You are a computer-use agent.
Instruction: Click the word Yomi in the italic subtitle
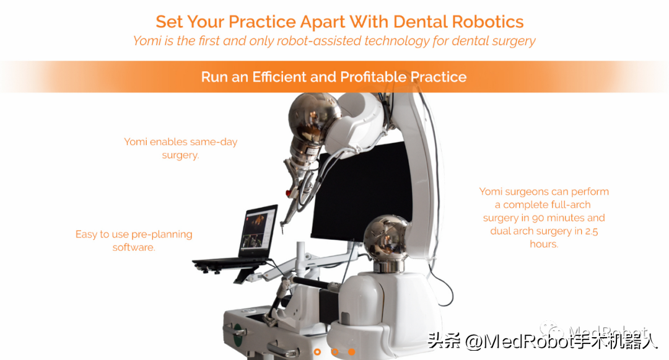(x=147, y=42)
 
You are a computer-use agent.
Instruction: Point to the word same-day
(x=213, y=142)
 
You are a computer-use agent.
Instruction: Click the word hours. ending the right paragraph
(x=544, y=244)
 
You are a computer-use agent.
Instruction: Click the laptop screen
(x=258, y=232)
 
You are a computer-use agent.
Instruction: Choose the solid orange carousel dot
(x=352, y=351)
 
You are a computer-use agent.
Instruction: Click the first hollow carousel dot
(x=318, y=351)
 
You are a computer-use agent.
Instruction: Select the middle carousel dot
(x=334, y=351)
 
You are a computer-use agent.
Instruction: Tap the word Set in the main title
(x=169, y=22)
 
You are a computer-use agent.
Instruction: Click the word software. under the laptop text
(x=133, y=247)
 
